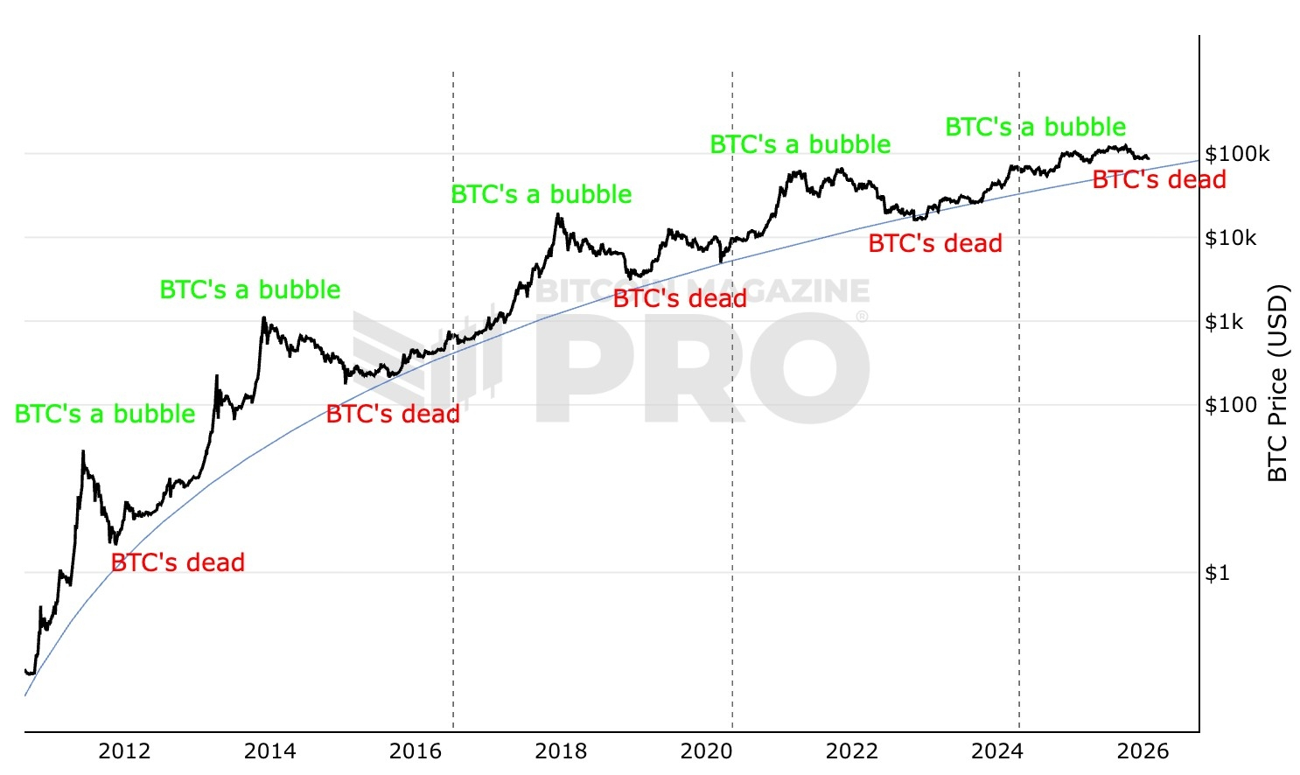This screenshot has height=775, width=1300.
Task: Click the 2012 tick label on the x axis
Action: click(124, 751)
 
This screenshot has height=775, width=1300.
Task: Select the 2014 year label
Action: click(269, 751)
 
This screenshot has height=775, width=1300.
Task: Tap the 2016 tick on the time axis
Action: click(416, 751)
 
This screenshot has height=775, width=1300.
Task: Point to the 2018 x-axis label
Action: click(561, 751)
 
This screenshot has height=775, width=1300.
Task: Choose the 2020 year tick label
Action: click(706, 751)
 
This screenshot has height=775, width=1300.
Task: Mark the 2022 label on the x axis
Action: click(852, 751)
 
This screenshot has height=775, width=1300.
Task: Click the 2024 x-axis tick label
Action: click(997, 751)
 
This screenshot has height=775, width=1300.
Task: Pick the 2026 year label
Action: click(1143, 751)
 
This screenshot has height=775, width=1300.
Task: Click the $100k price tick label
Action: click(1237, 154)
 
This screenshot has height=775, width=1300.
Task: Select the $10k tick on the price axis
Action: click(1231, 238)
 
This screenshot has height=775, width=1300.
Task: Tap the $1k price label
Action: click(1224, 322)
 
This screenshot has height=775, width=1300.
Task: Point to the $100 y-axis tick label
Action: click(1231, 405)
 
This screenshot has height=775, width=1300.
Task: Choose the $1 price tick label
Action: click(1217, 573)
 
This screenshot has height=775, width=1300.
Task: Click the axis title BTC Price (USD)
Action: click(1277, 382)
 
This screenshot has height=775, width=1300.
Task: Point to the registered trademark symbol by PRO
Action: click(862, 317)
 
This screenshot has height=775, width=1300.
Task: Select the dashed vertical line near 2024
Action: click(1019, 437)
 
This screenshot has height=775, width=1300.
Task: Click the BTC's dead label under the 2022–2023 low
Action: click(935, 243)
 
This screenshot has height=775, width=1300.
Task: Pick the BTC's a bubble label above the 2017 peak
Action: click(542, 194)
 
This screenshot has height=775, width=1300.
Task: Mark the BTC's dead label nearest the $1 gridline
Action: click(178, 562)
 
